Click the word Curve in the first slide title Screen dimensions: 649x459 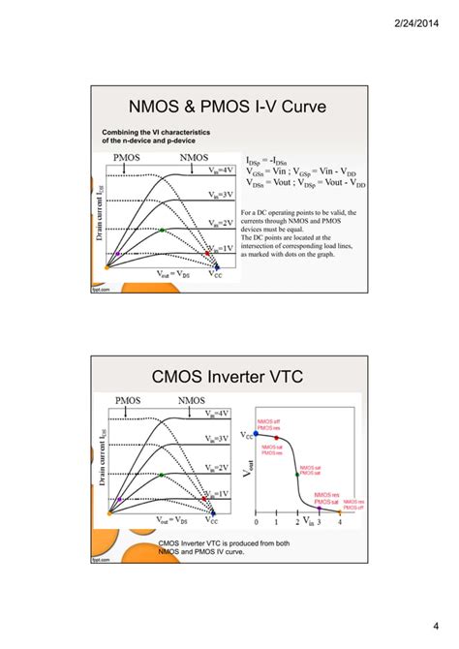[303, 104]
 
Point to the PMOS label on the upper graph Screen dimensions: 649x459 [131, 156]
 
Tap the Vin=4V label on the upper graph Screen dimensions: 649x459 [220, 170]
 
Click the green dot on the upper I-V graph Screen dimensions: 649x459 [163, 231]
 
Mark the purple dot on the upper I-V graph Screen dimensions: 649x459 [117, 254]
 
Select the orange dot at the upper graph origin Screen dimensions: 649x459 [108, 266]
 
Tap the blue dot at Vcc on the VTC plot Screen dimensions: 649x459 [256, 433]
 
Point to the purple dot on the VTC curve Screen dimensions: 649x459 [319, 508]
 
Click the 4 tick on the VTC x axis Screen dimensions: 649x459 [340, 522]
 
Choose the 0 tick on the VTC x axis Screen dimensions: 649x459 [256, 522]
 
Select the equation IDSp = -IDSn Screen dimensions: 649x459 [272, 160]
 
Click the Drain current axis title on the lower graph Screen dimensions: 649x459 [100, 473]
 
